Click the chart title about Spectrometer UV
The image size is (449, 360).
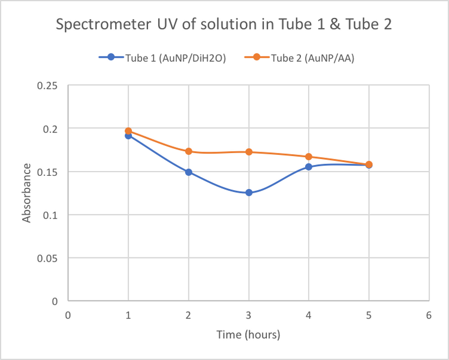click(224, 25)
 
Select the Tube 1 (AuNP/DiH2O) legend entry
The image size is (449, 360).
click(162, 58)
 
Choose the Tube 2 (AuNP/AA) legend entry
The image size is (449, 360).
click(303, 58)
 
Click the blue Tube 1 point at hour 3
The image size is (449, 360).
click(249, 193)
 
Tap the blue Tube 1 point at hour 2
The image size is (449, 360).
click(189, 172)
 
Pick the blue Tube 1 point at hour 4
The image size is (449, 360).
click(309, 167)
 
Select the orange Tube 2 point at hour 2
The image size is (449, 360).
click(189, 151)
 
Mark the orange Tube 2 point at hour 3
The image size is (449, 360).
click(249, 152)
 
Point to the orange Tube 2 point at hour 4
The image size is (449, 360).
click(309, 157)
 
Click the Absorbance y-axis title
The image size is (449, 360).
click(27, 193)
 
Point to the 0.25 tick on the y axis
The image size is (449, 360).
click(47, 85)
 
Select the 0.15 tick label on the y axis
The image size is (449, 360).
click(47, 172)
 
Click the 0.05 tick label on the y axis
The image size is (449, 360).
click(47, 258)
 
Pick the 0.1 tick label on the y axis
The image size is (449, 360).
click(50, 215)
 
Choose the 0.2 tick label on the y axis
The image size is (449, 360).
click(50, 128)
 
